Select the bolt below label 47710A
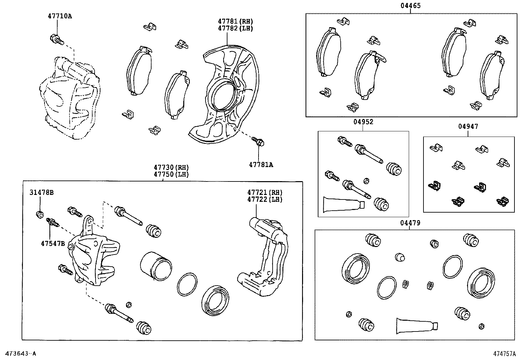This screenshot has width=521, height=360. [x=56, y=39]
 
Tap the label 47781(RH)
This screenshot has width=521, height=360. [x=236, y=21]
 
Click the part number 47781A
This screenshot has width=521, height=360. [x=260, y=165]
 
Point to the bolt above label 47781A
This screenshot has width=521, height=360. [x=258, y=142]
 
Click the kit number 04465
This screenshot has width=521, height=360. [x=410, y=6]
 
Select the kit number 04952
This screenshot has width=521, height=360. [x=363, y=122]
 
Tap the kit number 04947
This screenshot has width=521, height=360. [x=468, y=126]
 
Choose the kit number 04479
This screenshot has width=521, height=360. [x=410, y=223]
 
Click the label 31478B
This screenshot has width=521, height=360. [x=42, y=193]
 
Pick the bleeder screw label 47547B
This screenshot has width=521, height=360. [x=53, y=243]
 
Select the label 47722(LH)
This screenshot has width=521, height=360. [x=265, y=199]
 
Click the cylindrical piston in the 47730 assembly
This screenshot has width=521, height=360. [x=156, y=266]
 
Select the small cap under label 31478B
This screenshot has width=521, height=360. [x=40, y=215]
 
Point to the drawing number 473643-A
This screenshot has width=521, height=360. [x=20, y=353]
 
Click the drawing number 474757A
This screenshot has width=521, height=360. [x=504, y=354]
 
